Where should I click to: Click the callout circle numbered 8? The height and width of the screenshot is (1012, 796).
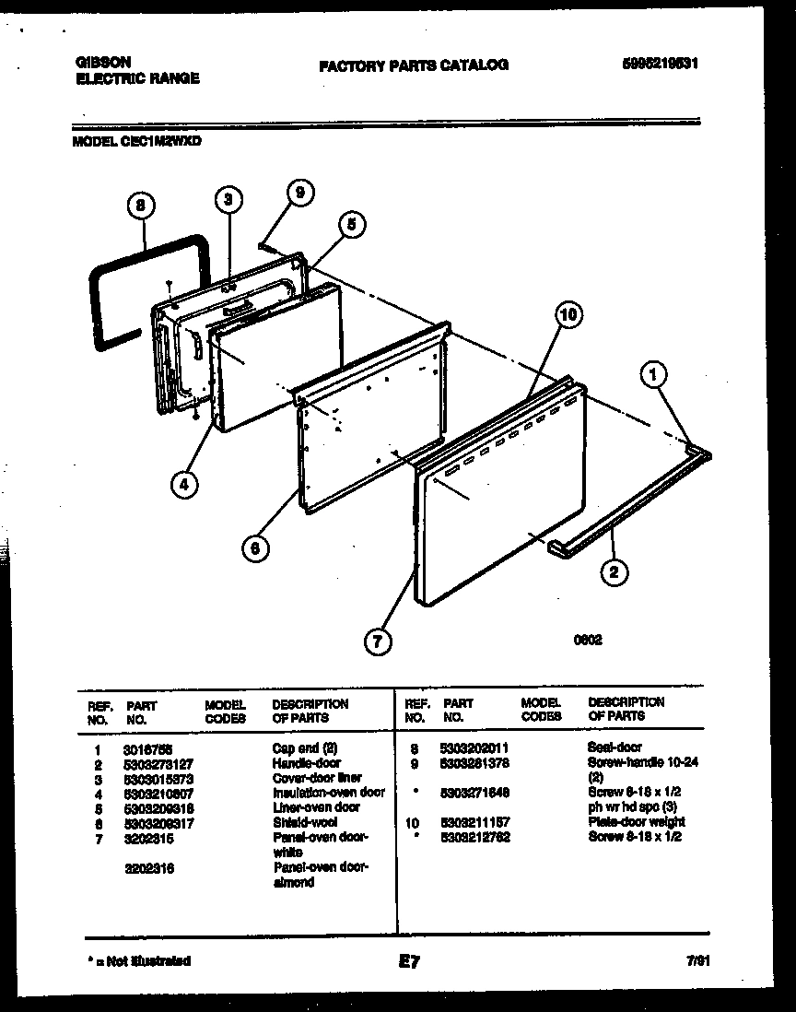pos(141,208)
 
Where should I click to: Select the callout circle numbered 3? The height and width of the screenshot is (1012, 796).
pos(230,199)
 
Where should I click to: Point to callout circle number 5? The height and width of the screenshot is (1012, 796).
pos(350,223)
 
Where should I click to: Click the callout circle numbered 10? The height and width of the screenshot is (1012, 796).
pos(569,315)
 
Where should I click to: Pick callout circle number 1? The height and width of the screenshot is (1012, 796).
pos(654,375)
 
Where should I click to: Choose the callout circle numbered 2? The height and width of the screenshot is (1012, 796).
pos(615,573)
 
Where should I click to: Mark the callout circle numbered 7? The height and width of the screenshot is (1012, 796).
pos(376,641)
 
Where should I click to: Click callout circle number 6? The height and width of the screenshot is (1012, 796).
pos(255,547)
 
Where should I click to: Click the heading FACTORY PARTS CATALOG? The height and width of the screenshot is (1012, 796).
pos(413,65)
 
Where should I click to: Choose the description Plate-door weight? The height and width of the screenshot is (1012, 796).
pos(636,822)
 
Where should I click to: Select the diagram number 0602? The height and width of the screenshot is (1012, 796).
pos(588,641)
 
